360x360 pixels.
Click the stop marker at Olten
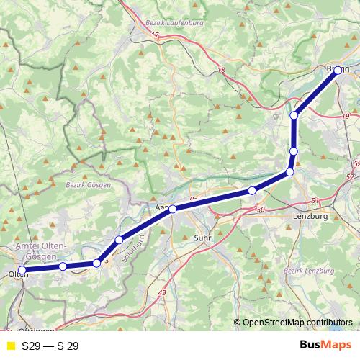click(22, 270)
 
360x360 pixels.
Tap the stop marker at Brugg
click(338, 71)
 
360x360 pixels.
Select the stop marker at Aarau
click(173, 209)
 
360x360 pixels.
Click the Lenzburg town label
click(311, 216)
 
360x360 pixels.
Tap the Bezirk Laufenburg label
click(174, 22)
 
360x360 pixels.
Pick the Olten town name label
click(15, 275)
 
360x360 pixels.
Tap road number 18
click(220, 69)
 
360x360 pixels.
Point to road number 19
click(346, 116)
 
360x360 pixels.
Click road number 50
click(260, 209)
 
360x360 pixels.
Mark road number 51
click(315, 200)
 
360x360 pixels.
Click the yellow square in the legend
click(10, 346)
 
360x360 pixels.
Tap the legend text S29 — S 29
click(50, 346)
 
